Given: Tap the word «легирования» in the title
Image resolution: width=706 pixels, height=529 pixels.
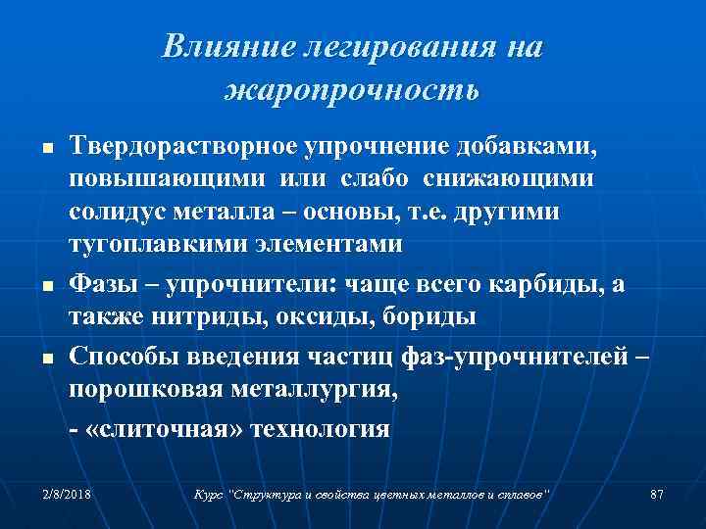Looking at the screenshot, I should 382,47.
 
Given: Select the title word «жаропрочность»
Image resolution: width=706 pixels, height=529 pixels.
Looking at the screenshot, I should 352,91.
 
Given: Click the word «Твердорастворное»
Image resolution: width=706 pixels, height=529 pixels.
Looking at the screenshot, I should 182,146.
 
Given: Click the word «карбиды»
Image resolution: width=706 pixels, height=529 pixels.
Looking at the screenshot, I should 567,283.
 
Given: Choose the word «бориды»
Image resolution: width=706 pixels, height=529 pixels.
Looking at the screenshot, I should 428,316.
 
